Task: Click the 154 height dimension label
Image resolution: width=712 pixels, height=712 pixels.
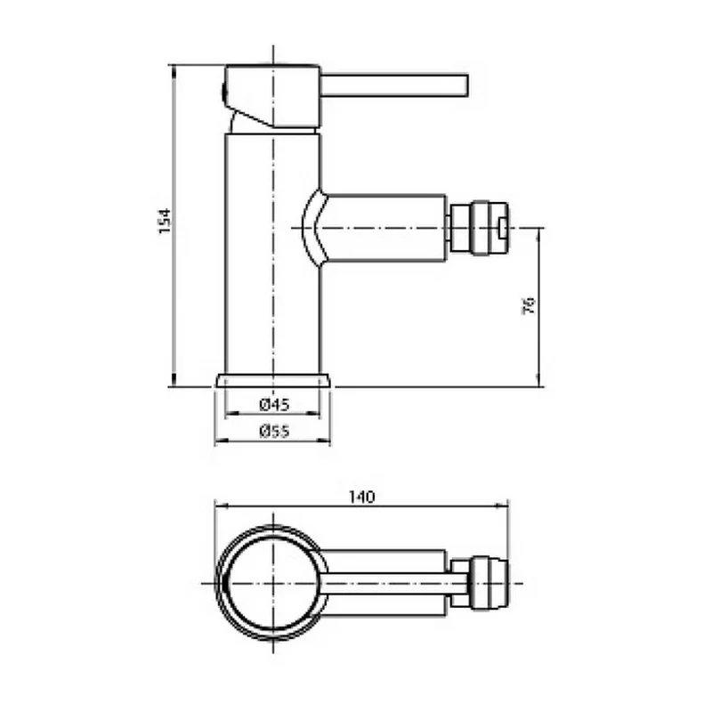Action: coord(165,221)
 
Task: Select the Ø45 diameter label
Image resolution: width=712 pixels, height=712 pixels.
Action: coord(275,404)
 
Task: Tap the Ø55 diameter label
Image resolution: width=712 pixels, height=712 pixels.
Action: coord(275,431)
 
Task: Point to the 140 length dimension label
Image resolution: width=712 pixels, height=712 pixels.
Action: coord(362,498)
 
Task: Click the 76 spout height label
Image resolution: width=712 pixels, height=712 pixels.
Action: coord(529,305)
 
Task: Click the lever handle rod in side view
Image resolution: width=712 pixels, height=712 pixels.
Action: coord(394,85)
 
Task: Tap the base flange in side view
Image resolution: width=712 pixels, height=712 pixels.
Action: coord(273,381)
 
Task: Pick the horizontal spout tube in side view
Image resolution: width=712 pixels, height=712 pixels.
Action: coord(386,229)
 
